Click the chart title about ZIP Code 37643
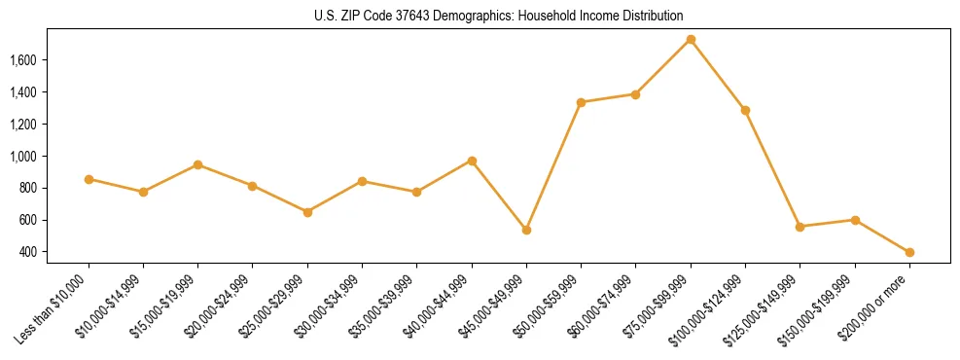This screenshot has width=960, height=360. [x=499, y=16]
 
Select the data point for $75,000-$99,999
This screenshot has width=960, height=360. [x=691, y=39]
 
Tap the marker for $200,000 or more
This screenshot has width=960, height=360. [x=909, y=252]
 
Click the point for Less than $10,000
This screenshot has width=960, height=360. [x=89, y=179]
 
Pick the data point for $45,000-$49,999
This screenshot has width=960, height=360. [x=526, y=230]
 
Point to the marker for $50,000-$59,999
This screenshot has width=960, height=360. [x=581, y=102]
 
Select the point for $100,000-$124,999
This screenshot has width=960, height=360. [x=745, y=110]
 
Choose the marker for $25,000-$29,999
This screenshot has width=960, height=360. [x=307, y=212]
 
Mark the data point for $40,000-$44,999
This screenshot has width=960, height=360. [x=472, y=161]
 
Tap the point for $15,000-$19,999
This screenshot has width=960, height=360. [x=197, y=164]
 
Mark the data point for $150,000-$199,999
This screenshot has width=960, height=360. [x=855, y=220]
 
